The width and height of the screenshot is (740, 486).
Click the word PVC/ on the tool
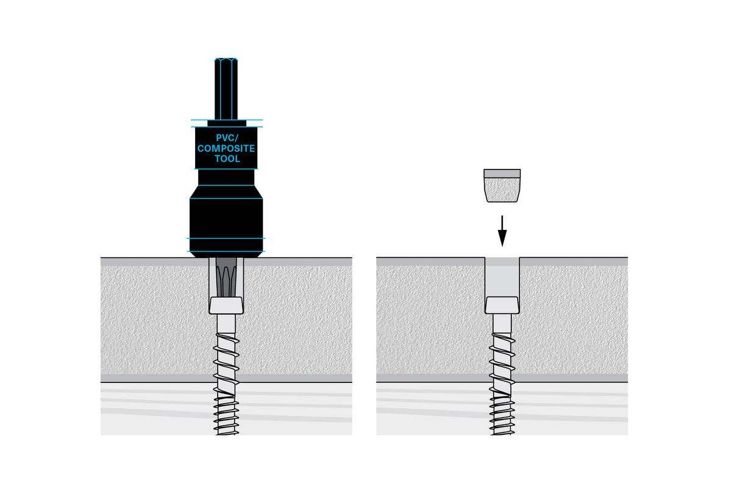(226, 138)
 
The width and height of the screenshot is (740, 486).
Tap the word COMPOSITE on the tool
(226, 148)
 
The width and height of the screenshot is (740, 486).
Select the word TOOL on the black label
(226, 159)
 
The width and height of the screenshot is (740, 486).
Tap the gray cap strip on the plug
(502, 173)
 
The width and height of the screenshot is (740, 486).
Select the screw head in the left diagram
(226, 304)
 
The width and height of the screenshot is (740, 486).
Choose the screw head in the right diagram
(502, 304)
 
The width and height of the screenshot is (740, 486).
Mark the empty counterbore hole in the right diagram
(502, 278)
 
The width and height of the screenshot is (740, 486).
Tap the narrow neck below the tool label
(226, 177)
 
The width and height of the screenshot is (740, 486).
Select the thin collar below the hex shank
(226, 123)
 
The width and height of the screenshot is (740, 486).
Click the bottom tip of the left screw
(226, 432)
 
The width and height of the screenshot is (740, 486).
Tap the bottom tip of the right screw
(502, 432)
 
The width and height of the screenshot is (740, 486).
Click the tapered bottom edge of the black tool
(226, 253)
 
